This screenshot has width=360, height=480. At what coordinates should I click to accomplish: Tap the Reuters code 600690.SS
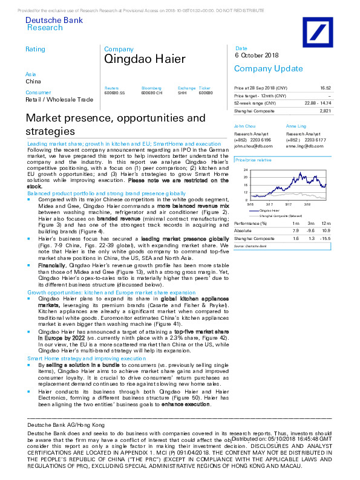coord(115,92)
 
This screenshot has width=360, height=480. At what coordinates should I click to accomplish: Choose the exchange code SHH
coord(182,92)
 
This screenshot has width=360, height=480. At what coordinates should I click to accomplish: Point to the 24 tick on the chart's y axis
coord(245,170)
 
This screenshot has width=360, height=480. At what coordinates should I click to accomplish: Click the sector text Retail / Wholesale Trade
coord(59,99)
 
